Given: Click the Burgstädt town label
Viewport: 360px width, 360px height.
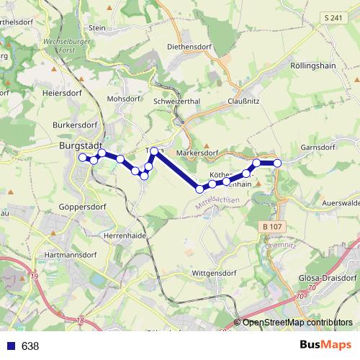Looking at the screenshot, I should coord(79,145).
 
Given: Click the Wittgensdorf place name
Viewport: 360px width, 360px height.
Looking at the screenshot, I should coord(215,274).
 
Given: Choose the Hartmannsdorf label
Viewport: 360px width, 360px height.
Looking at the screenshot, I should coord(71,256).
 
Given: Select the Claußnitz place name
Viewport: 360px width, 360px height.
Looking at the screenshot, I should coord(243,102).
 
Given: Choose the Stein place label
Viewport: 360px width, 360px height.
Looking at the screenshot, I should coord(96,27).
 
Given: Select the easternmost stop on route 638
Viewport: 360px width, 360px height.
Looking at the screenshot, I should coord(277,163).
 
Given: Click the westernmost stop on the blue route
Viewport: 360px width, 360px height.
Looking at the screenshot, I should coord(83,157).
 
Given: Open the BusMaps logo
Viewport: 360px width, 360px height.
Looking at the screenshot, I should coord(326,346).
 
